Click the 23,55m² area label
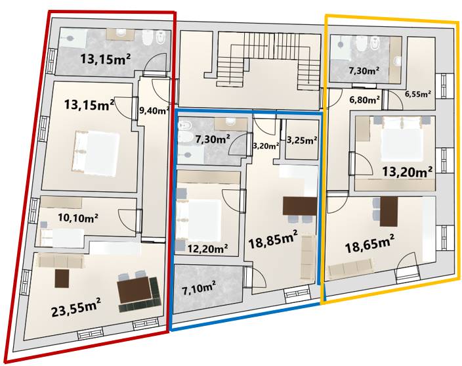tap(76, 307)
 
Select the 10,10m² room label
tap(78, 217)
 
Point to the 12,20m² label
tap(207, 249)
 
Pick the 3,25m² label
tap(302, 140)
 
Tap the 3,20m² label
tap(266, 145)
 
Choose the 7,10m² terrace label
tap(198, 288)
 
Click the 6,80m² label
tap(364, 100)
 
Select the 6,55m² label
tap(419, 95)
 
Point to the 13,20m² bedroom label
tap(408, 172)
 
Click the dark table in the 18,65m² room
tap(389, 212)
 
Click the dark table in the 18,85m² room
tap(300, 206)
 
